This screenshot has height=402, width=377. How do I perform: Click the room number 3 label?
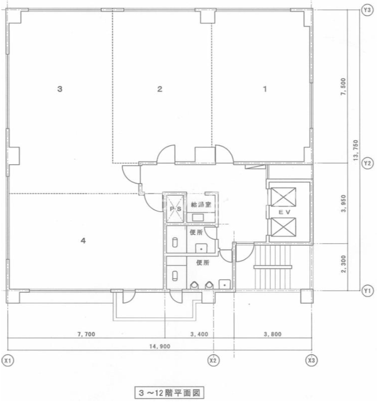click(60, 89)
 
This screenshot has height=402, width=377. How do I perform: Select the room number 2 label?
click(160, 89)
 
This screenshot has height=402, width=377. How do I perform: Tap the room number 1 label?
click(265, 89)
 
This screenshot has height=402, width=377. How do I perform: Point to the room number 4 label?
click(83, 240)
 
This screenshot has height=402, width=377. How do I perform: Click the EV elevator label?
click(284, 212)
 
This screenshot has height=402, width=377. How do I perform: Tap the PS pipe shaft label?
click(176, 209)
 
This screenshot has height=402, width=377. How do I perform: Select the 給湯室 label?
click(201, 204)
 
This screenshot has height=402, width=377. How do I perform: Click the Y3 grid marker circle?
click(367, 10)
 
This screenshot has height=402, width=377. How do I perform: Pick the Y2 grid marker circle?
click(367, 163)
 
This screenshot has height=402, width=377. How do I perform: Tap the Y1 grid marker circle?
click(367, 291)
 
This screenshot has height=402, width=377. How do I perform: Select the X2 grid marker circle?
click(213, 361)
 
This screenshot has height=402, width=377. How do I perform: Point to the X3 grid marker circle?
click(311, 361)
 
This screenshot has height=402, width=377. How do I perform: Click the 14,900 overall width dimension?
click(160, 346)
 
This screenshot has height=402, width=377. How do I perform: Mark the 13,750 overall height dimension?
click(356, 150)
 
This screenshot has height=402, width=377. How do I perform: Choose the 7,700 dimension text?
click(86, 334)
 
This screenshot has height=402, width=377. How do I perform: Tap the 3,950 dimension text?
click(344, 204)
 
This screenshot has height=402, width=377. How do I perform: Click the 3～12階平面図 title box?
click(170, 393)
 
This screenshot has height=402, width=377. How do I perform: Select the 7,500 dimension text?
click(343, 87)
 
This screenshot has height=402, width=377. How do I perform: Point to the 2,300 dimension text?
click(344, 264)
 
